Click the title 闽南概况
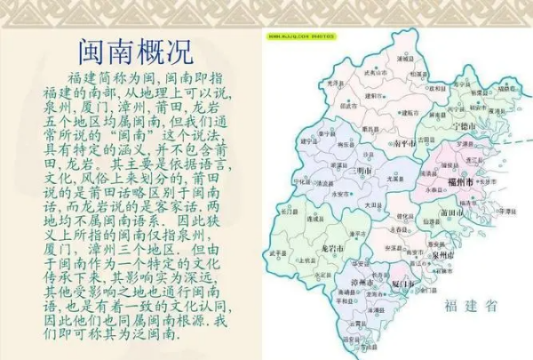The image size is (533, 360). (136, 50)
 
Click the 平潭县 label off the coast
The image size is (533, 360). (505, 212)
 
